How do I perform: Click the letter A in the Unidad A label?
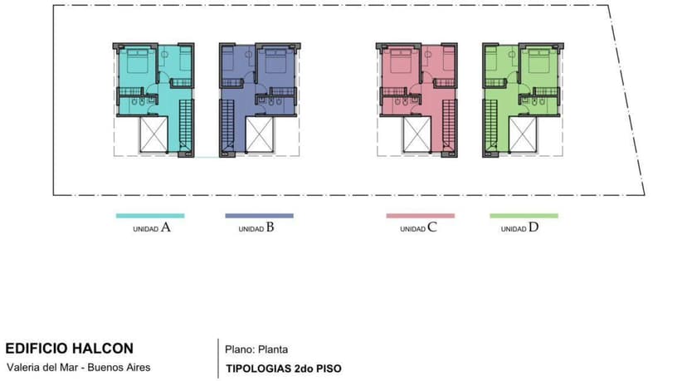click(166, 227)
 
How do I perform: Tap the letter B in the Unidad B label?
click(270, 227)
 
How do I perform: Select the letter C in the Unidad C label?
click(432, 227)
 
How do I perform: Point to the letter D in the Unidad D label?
click(534, 227)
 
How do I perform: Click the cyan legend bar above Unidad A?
click(150, 216)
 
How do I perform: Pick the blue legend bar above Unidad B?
click(260, 216)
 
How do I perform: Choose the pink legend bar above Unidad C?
click(421, 216)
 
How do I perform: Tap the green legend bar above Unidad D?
click(524, 216)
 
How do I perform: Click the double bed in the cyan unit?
click(138, 60)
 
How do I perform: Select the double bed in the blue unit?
click(275, 60)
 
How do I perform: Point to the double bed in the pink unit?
click(401, 60)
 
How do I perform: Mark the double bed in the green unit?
click(538, 60)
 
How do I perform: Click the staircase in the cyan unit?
click(186, 126)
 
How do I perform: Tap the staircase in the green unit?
click(490, 126)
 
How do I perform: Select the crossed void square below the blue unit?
click(260, 134)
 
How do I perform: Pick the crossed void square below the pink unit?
click(417, 134)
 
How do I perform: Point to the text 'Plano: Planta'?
click(256, 349)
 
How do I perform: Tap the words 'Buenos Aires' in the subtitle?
click(119, 368)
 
